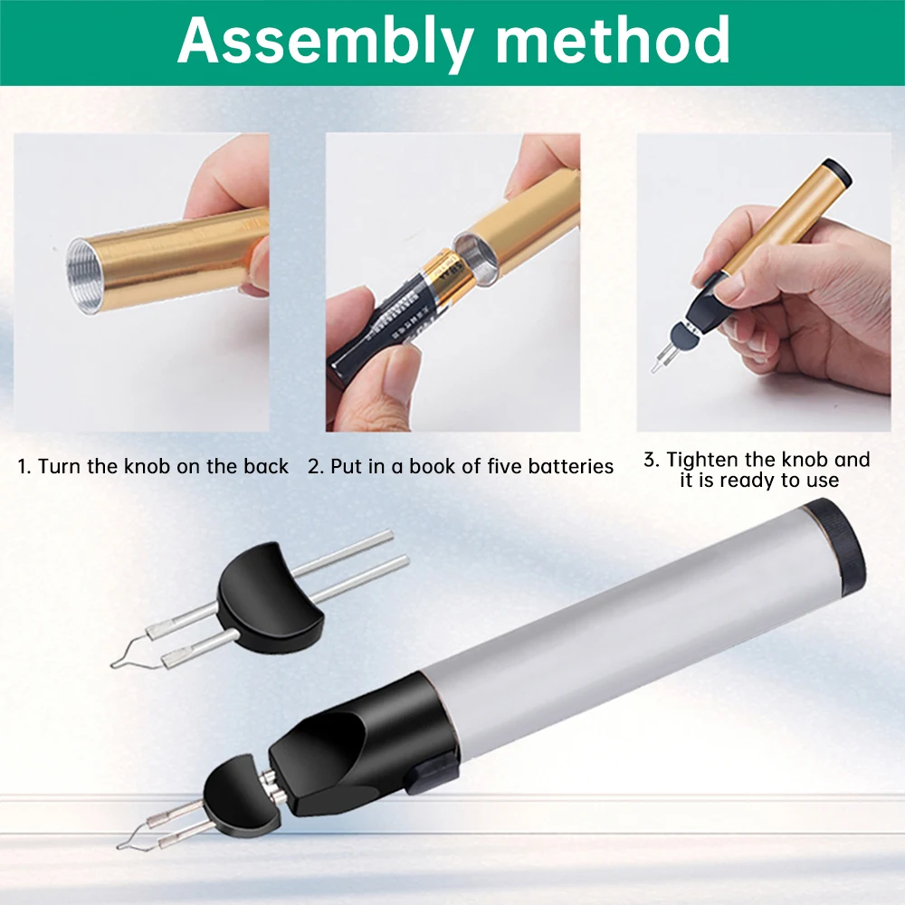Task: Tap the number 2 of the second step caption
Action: pos(313,467)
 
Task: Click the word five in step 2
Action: pos(502,467)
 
